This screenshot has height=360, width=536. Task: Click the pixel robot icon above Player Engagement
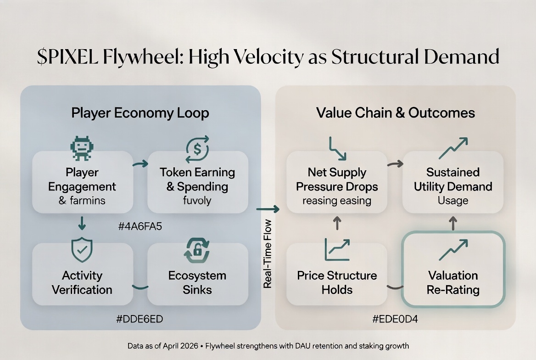click(82, 148)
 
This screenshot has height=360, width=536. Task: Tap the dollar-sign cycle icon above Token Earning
click(197, 149)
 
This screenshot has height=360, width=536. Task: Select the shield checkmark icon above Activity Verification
click(82, 249)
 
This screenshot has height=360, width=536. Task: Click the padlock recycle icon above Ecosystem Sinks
click(197, 250)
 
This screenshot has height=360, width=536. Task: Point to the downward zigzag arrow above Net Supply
click(337, 148)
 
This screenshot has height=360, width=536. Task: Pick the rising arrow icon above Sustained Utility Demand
click(453, 148)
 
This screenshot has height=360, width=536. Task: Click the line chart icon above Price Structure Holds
click(337, 249)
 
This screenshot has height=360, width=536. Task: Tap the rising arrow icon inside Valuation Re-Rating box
click(453, 250)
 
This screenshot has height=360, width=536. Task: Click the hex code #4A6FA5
click(140, 226)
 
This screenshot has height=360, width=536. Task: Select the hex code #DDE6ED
click(140, 319)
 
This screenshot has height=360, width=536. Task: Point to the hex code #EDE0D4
click(395, 319)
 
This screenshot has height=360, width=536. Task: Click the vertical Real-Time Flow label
click(268, 253)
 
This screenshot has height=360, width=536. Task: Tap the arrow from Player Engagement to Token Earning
click(140, 164)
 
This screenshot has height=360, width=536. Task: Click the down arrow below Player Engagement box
click(82, 223)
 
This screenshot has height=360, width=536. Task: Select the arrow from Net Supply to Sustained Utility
click(395, 164)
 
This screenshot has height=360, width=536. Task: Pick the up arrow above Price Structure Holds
click(337, 223)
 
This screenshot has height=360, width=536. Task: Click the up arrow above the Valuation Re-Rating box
click(453, 223)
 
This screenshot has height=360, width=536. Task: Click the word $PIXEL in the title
click(67, 56)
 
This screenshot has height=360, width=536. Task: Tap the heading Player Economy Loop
click(140, 113)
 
